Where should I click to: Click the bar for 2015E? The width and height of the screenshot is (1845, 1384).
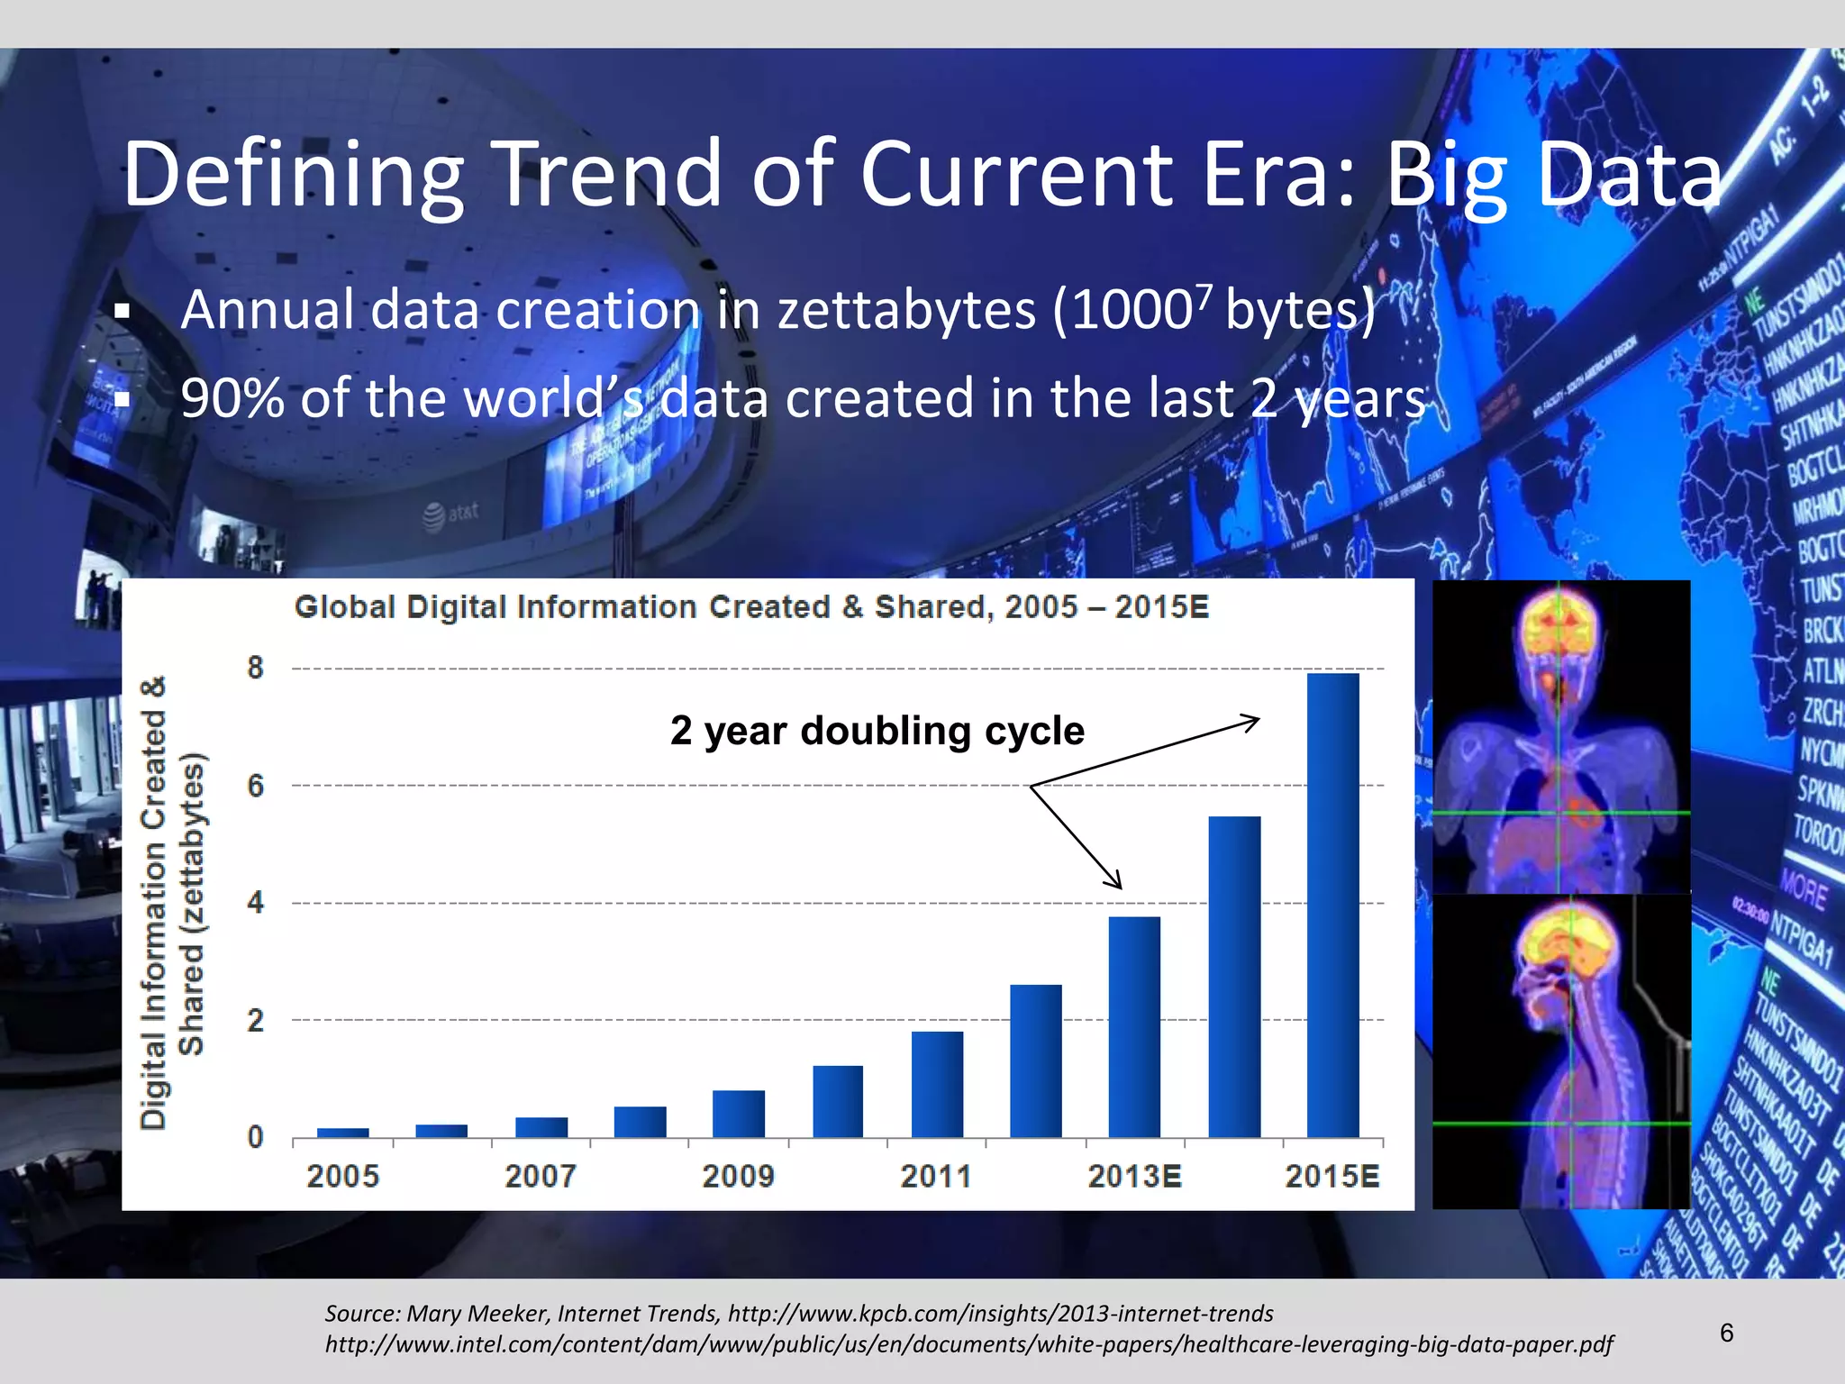click(x=1332, y=905)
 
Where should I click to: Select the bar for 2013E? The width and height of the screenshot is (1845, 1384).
click(x=1134, y=1026)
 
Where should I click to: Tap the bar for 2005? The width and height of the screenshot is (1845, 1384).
click(x=343, y=1133)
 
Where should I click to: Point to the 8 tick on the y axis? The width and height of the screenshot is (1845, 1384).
click(x=256, y=668)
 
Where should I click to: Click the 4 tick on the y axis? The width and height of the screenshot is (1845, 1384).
click(x=256, y=902)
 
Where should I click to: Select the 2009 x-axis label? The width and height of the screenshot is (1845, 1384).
click(x=738, y=1176)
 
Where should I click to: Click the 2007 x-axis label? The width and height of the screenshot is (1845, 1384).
click(x=540, y=1176)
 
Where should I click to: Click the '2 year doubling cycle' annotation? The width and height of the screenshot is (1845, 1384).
click(x=877, y=731)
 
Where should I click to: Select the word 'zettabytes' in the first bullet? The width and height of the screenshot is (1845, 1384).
click(x=906, y=311)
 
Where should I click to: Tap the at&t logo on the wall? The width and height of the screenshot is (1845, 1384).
click(x=450, y=514)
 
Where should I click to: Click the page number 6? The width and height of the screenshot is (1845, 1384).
click(x=1726, y=1333)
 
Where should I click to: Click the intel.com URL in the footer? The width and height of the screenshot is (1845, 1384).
click(x=968, y=1344)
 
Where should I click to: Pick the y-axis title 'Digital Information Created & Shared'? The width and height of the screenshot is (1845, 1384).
click(x=171, y=902)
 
